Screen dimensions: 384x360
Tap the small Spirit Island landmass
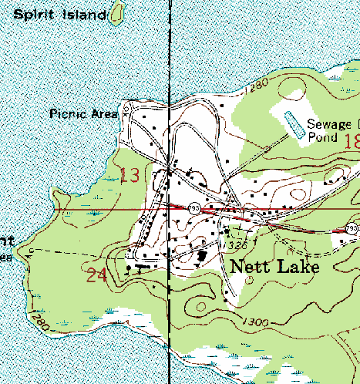(x=116, y=13)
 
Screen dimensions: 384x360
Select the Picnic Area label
(x=83, y=113)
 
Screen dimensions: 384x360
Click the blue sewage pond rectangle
(x=293, y=123)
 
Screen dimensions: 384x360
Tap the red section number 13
(x=130, y=176)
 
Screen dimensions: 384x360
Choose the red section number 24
(x=98, y=275)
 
